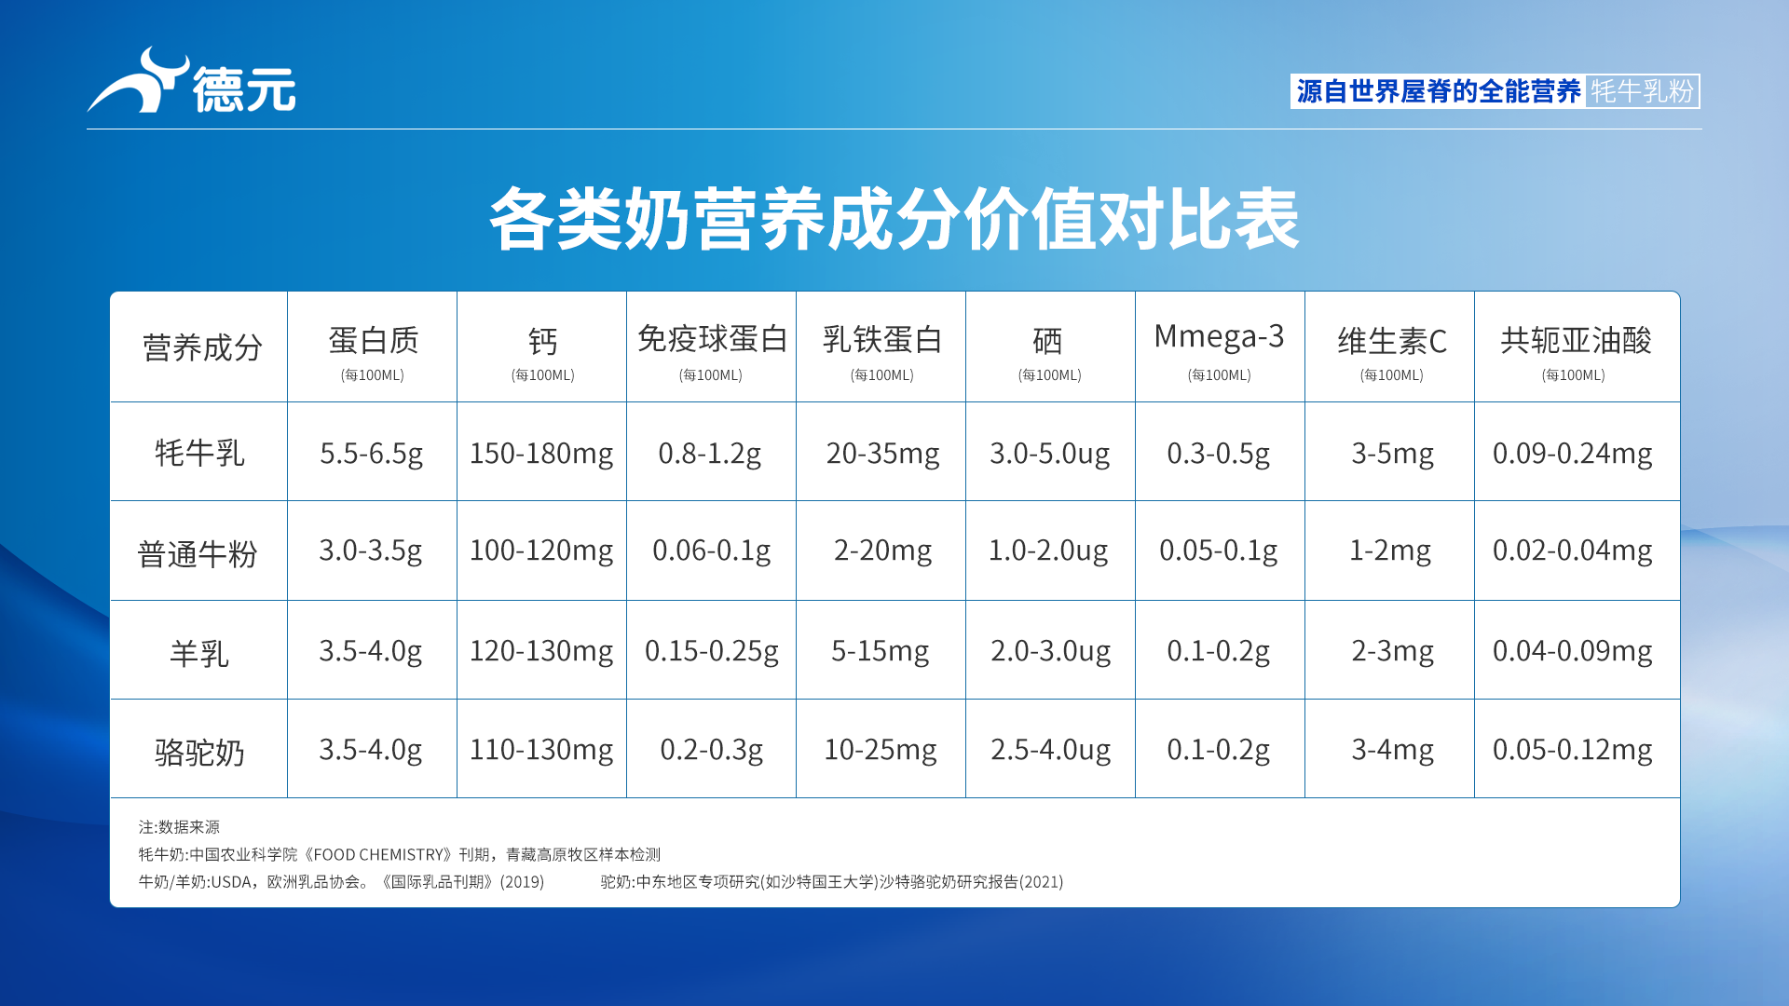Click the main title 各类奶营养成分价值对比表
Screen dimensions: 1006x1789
click(894, 219)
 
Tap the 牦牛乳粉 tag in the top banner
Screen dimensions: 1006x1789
click(1642, 91)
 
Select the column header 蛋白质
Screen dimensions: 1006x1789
click(373, 341)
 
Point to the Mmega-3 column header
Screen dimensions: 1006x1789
click(1219, 336)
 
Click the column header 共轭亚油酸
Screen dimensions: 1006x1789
click(1576, 341)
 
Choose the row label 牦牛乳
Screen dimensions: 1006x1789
click(199, 453)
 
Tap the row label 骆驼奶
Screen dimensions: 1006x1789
click(199, 751)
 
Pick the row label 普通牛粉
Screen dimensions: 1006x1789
click(198, 553)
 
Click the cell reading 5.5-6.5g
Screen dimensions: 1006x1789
click(371, 454)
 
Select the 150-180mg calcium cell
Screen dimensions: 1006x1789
click(541, 454)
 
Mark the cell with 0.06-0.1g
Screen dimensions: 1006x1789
click(711, 551)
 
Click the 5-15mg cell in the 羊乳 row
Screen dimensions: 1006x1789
click(881, 650)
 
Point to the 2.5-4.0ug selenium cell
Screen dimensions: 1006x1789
click(1050, 750)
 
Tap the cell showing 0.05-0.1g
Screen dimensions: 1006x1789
click(1218, 551)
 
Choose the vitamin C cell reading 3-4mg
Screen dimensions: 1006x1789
click(1392, 750)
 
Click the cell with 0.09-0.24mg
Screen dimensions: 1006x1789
click(1572, 454)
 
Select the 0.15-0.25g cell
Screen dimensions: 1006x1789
click(711, 650)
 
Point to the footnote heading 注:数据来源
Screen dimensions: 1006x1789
click(179, 827)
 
